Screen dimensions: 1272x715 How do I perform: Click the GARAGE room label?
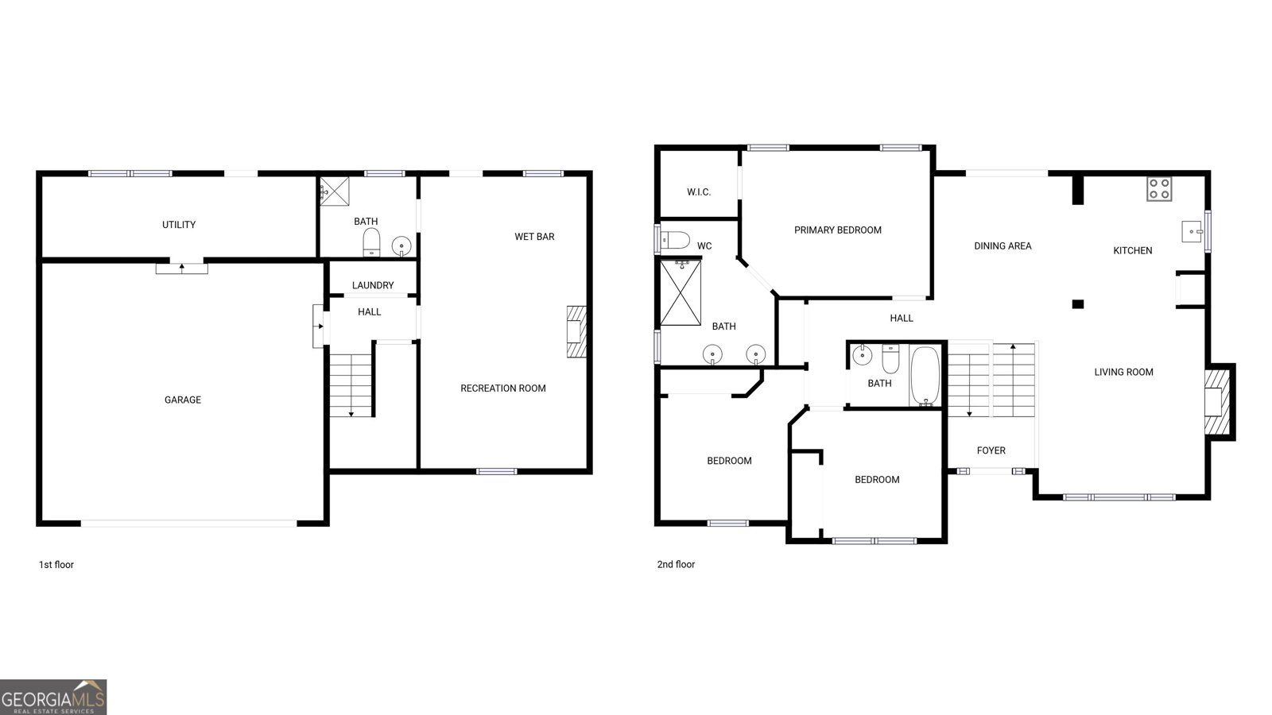pos(183,400)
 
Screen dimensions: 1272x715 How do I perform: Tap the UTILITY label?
pos(179,225)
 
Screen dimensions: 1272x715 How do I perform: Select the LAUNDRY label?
pos(373,285)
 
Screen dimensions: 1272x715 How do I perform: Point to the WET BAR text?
pos(534,237)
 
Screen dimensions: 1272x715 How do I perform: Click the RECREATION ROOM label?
pos(503,388)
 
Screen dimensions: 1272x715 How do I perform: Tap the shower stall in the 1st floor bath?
pos(335,191)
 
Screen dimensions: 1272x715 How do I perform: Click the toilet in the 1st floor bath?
pos(371,242)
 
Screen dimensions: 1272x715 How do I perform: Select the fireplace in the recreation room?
pos(576,331)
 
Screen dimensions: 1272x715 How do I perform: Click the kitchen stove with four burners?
pos(1159,190)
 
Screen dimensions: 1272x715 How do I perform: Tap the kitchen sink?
pos(1192,231)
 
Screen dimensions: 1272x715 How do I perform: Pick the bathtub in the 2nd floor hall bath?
pos(925,376)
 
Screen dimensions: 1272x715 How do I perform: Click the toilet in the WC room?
pos(674,240)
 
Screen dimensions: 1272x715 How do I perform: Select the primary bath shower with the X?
pos(681,293)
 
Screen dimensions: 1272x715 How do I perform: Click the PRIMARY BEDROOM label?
pos(838,230)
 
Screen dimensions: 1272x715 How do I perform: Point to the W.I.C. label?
pos(699,192)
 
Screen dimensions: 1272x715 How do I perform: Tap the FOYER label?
pos(991,450)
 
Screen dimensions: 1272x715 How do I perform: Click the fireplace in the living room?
pos(1217,402)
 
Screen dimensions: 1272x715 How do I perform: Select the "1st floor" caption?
pos(56,565)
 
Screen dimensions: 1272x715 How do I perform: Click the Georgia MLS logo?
pos(53,697)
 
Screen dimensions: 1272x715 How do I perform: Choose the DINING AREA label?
pos(1002,245)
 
